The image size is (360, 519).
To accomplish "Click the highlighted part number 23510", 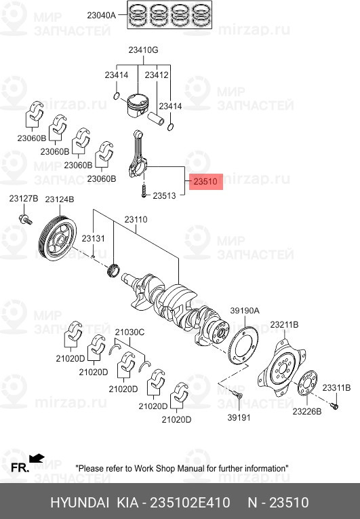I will [205, 182].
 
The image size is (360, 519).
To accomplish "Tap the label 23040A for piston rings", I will [102, 14].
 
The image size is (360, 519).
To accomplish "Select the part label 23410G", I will [144, 50].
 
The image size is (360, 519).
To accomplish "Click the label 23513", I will [164, 195].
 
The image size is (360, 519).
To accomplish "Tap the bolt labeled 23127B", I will [25, 219].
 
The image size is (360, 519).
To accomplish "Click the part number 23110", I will [135, 220].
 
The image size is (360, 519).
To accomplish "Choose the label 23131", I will [94, 239].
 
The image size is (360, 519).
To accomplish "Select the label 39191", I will [239, 417].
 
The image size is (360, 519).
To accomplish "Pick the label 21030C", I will [129, 332].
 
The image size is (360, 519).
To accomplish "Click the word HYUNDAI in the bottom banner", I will [81, 503].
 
